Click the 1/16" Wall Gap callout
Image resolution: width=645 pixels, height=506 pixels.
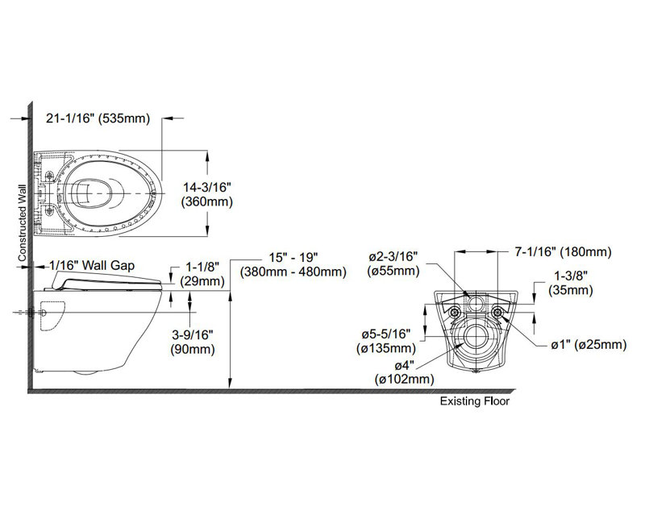(x=90, y=263)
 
